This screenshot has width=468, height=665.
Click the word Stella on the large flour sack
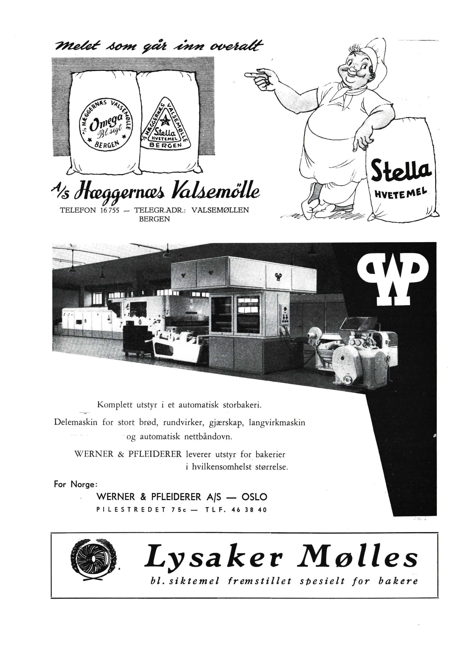[400, 172]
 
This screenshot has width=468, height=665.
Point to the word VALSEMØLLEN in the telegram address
[220, 210]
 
